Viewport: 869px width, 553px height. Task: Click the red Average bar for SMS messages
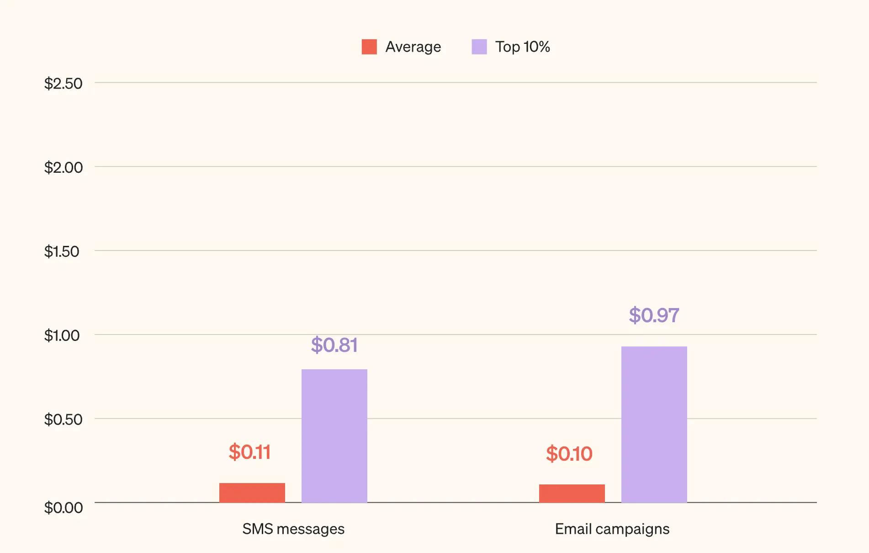[252, 493]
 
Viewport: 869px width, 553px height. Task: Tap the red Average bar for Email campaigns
[572, 494]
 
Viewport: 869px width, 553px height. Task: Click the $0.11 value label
[249, 452]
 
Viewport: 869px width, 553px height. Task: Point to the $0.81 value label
[334, 345]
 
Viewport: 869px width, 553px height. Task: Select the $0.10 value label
[569, 454]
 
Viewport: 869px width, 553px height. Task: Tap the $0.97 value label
[654, 315]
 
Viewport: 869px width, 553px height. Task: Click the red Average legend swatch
[369, 47]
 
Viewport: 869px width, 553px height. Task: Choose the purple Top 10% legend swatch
[479, 47]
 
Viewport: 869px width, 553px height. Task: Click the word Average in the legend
[413, 47]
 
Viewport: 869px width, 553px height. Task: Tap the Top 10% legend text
[522, 47]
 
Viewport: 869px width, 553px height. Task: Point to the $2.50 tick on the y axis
[63, 84]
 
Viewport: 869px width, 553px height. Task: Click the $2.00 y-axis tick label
[63, 168]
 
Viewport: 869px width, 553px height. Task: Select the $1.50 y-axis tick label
[62, 251]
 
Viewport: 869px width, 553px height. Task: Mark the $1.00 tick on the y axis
[62, 335]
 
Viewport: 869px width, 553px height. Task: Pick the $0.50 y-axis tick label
[63, 420]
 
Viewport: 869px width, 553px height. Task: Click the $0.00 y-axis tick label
[63, 507]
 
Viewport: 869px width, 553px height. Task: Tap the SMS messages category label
[293, 529]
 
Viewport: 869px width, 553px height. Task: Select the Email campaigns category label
[612, 529]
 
